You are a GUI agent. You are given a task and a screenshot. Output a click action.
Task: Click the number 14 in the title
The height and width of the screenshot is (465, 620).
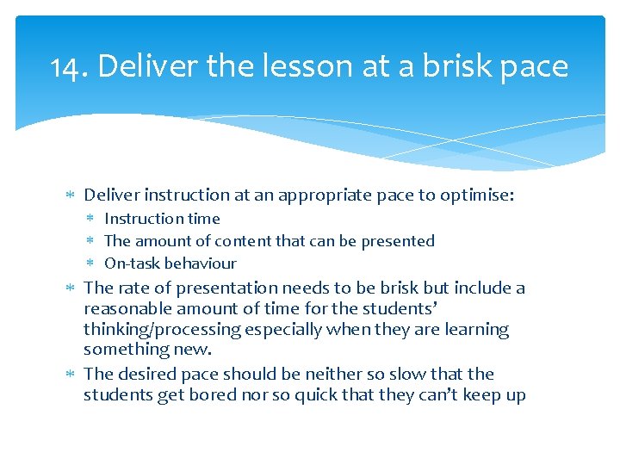(68, 66)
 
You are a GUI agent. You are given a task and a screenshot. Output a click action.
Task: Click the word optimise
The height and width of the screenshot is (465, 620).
(477, 195)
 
